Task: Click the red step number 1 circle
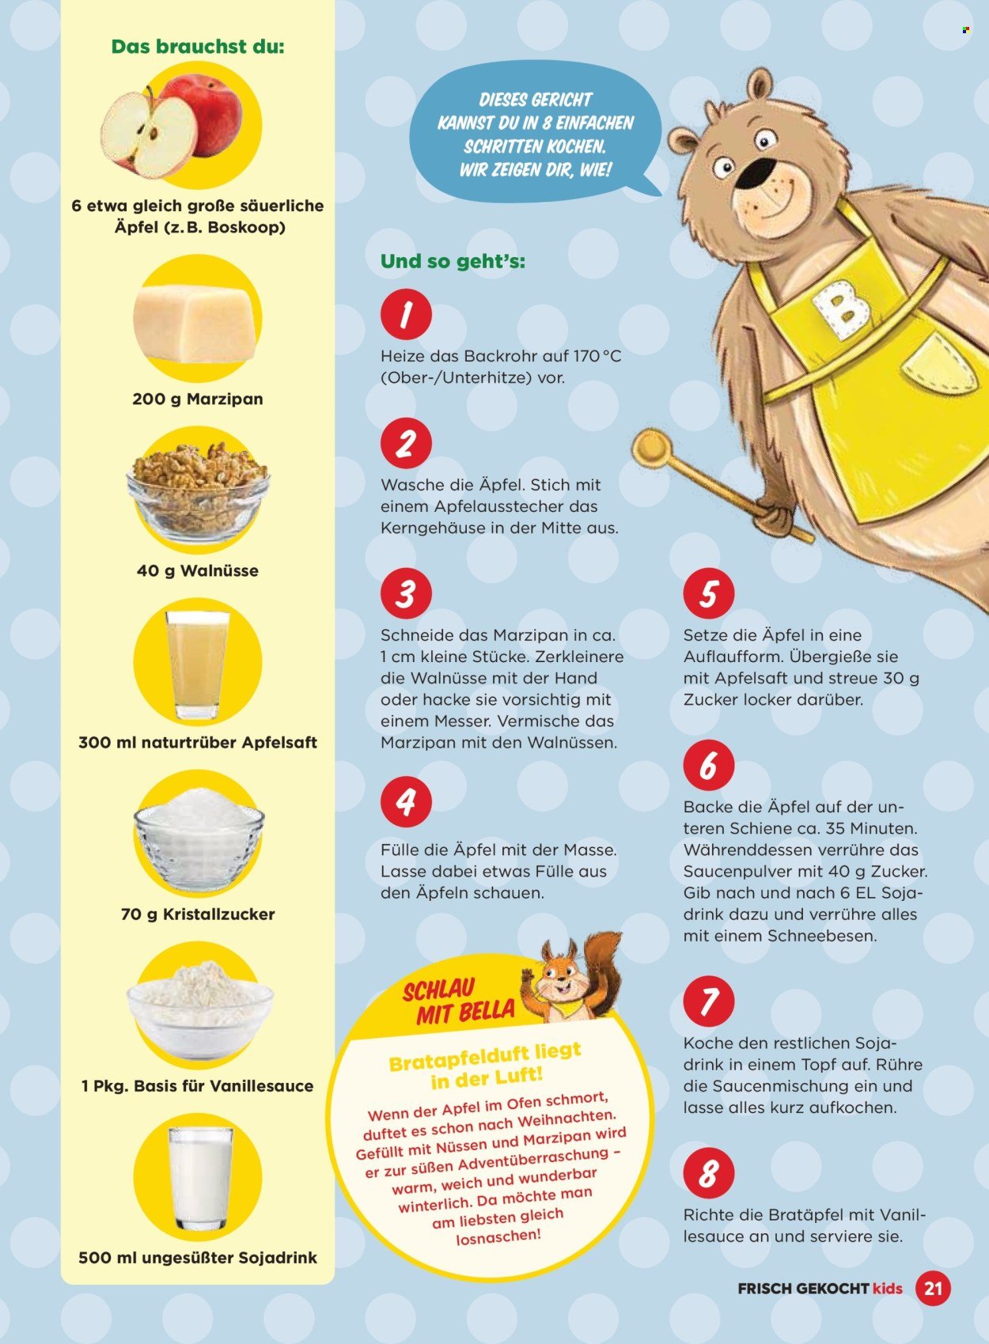[407, 315]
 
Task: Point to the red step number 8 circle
[709, 1174]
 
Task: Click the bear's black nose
[757, 171]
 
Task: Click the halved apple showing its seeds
[148, 135]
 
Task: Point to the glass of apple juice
[198, 664]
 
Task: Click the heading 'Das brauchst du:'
[198, 46]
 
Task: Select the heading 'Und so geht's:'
[453, 262]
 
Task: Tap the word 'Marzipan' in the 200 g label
[225, 399]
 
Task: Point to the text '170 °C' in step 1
[597, 356]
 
